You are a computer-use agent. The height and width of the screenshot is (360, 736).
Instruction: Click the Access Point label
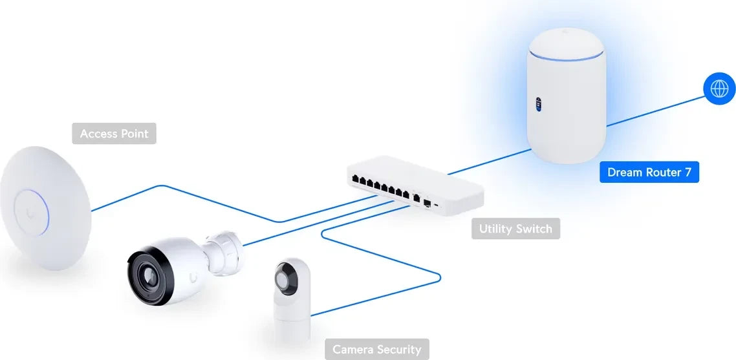point(114,134)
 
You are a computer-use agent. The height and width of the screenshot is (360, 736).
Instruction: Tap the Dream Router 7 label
point(649,173)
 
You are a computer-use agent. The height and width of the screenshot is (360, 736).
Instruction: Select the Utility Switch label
point(515,229)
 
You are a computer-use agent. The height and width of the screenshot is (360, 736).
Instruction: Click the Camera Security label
point(376,350)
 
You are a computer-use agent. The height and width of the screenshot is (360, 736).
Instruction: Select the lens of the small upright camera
point(285,278)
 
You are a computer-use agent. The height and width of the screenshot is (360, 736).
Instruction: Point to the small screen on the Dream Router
point(537,104)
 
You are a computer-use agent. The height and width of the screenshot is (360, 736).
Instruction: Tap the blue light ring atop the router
point(567,59)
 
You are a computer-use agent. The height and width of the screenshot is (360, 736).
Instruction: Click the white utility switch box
point(417,184)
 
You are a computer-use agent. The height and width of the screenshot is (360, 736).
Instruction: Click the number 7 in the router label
point(688,173)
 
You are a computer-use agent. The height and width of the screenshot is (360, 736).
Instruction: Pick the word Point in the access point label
point(134,134)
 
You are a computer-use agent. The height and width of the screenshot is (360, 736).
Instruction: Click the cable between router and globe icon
point(653,110)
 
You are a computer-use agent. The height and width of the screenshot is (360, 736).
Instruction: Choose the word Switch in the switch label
point(534,229)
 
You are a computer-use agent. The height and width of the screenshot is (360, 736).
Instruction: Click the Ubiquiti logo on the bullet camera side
point(193,278)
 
